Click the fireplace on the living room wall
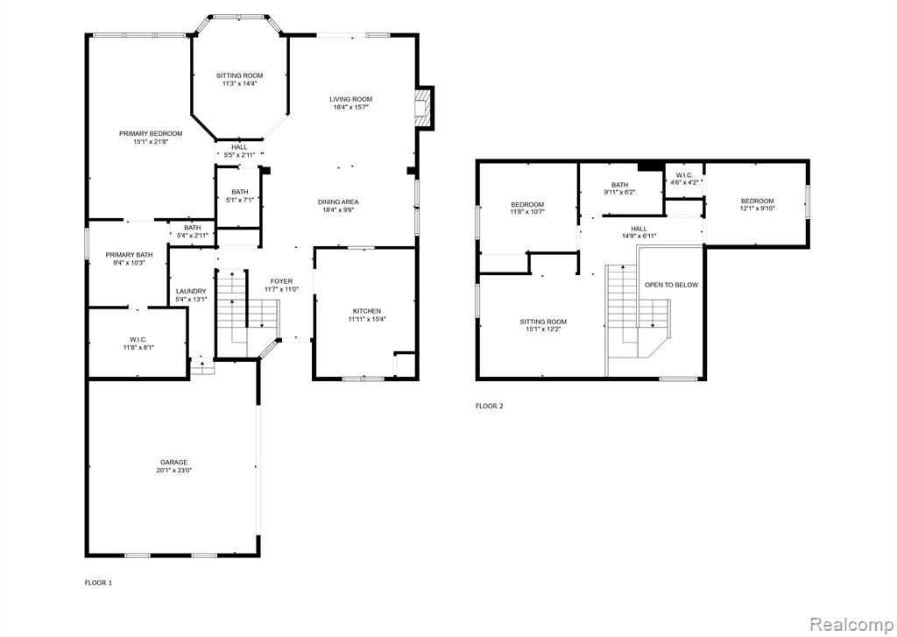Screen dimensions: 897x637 [423, 108]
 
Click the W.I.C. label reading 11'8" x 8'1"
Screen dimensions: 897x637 [138, 343]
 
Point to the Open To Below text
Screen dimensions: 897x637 [672, 285]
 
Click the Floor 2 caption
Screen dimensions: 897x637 [489, 407]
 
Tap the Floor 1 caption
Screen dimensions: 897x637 [98, 584]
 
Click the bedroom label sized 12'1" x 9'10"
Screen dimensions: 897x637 [758, 205]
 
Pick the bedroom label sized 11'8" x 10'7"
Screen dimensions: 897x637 [527, 209]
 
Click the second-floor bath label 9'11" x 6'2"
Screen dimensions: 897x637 [619, 189]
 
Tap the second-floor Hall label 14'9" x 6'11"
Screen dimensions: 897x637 [639, 232]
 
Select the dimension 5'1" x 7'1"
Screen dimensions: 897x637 [240, 201]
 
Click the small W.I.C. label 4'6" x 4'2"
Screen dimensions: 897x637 [684, 179]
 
